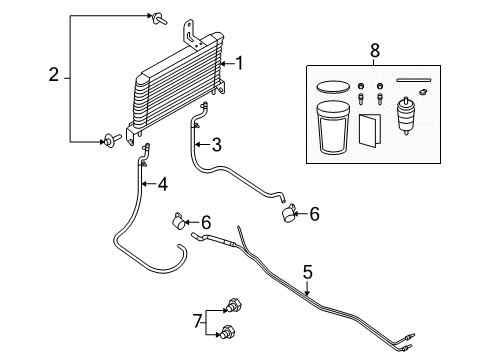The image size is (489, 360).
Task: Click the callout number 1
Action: pos(239,63)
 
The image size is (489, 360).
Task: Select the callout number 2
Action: pos(54,75)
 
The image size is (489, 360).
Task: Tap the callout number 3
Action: pos(217,145)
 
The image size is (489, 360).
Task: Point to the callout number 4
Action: pos(162,184)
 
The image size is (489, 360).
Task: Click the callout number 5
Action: pos(308,272)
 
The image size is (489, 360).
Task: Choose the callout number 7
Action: pos(198,322)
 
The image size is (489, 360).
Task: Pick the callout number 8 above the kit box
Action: pos(375,51)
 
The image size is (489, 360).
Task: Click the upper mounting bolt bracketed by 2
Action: pos(159,19)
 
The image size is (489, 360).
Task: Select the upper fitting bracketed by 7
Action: pos(234,305)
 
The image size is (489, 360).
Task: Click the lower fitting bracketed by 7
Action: pos(228,332)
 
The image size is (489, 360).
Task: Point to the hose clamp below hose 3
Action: pos(289,213)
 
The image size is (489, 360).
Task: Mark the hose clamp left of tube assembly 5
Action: pos(180,221)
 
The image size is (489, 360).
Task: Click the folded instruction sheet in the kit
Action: pos(370,130)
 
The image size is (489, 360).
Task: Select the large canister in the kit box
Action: pos(333,128)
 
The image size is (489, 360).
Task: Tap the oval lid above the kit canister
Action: pos(333,87)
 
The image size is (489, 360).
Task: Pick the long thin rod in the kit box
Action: pos(414,80)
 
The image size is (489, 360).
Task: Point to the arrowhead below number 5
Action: pos(307,293)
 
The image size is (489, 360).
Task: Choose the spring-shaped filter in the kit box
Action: pos(406,115)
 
